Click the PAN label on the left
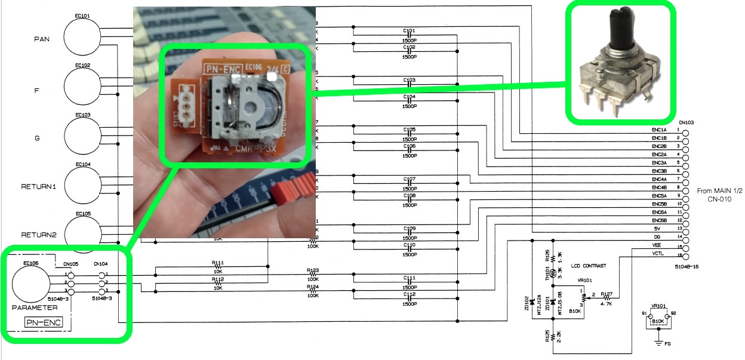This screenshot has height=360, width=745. tap(42, 39)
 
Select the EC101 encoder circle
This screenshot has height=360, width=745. tap(82, 37)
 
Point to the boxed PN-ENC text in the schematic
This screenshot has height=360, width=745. tap(45, 323)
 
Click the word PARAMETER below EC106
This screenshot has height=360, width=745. tap(34, 308)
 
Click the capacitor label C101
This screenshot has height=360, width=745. tap(409, 30)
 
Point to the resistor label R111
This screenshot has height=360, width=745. tap(217, 263)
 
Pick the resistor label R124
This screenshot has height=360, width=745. tap(313, 287)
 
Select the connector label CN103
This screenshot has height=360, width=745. tap(685, 122)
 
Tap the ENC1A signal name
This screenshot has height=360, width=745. tap(659, 130)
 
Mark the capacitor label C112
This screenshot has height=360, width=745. tap(409, 295)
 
